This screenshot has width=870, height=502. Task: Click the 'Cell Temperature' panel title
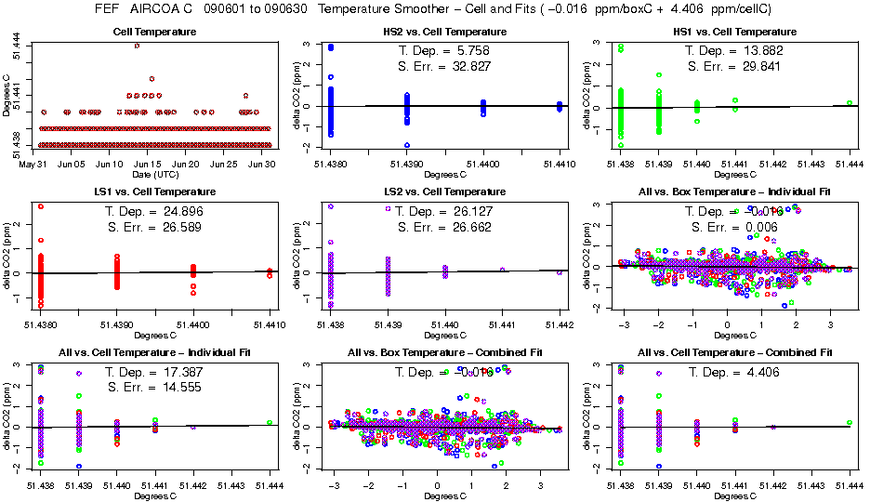coord(154,33)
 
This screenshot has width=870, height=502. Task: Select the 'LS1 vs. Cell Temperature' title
coord(154,192)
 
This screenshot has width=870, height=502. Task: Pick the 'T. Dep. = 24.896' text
coord(154,210)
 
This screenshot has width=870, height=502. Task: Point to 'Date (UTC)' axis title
coord(154,174)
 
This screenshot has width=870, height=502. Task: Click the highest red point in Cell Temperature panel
coord(138,45)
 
